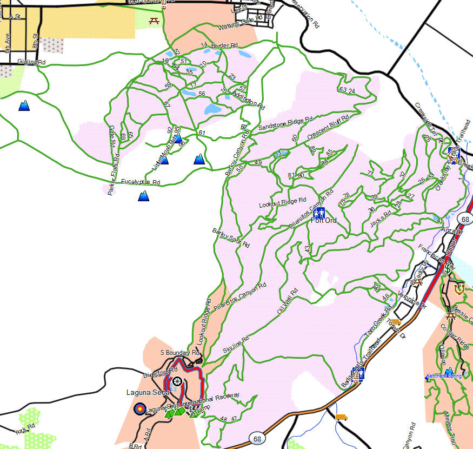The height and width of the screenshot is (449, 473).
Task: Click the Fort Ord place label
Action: (x=324, y=221)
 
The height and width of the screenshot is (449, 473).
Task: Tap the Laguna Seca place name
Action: (x=141, y=392)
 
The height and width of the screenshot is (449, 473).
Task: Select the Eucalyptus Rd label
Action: (x=141, y=182)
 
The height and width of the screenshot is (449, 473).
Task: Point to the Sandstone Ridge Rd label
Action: (x=285, y=123)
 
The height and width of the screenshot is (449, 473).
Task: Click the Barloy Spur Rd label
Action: (x=231, y=238)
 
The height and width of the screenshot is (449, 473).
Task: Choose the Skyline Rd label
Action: (x=235, y=345)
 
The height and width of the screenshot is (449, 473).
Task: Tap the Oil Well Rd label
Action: (x=287, y=301)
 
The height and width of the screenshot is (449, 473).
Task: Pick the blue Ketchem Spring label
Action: (x=444, y=375)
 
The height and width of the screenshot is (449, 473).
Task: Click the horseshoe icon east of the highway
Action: (x=459, y=289)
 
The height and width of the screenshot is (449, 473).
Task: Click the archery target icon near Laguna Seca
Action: (x=139, y=409)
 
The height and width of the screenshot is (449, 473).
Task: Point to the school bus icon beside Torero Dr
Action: (x=395, y=322)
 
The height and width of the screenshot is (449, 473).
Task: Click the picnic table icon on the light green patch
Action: (x=154, y=21)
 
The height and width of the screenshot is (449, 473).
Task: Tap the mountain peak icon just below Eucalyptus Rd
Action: (x=143, y=196)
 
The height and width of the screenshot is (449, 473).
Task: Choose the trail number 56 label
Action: (x=202, y=94)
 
